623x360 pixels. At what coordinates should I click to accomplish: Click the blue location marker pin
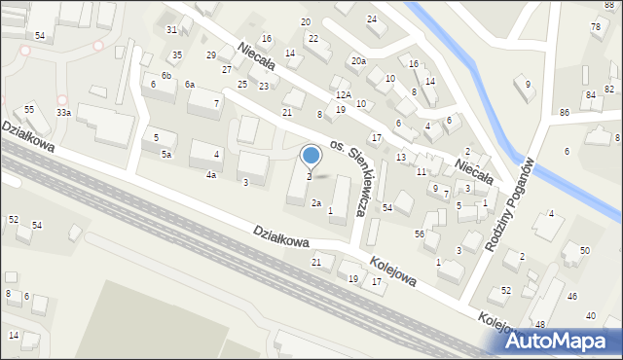pos(311,156)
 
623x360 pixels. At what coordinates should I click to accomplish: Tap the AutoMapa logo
pos(562,341)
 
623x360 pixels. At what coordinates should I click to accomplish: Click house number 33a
pos(63,113)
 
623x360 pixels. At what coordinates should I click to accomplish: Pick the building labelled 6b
pos(166,76)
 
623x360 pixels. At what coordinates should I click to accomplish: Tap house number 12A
pos(343,95)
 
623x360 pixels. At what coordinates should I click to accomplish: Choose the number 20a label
pos(358,61)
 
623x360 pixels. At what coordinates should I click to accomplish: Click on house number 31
pos(171,30)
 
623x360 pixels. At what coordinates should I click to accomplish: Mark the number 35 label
pos(176,55)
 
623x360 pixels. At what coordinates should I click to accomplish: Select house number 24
pos(371,19)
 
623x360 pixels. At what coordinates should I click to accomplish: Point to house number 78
pos(595,27)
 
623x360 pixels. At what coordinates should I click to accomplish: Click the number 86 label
pos(565,113)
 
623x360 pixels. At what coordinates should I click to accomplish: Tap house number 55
pos(29,110)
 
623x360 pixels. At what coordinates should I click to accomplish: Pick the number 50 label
pos(584,251)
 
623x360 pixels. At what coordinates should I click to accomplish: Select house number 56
pos(420,234)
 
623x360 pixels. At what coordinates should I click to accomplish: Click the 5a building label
pos(166,155)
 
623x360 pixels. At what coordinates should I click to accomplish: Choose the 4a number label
pos(210,175)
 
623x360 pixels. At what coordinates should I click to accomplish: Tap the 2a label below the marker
pos(315,203)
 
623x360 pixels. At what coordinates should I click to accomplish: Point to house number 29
pos(211,55)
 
